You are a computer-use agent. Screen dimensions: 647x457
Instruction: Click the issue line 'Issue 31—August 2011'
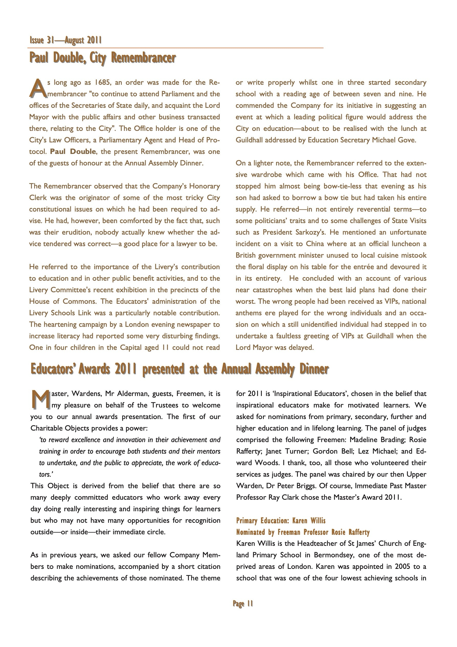(66, 40)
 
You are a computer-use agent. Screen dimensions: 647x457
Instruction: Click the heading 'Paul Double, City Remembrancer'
(103, 58)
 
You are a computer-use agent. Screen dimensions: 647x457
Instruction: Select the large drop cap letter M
(40, 400)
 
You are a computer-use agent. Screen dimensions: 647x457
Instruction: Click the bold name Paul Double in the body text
(73, 152)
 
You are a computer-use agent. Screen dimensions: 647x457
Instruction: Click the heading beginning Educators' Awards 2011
(179, 369)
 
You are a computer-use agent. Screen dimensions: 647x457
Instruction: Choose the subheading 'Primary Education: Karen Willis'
(281, 520)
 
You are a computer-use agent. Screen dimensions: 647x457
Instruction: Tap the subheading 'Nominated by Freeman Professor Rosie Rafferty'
(303, 532)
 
